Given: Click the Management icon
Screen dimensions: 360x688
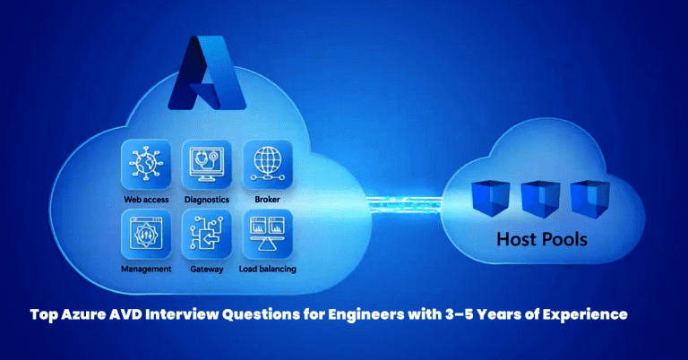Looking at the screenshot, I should tap(145, 235).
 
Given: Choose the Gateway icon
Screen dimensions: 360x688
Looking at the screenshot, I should tap(206, 235).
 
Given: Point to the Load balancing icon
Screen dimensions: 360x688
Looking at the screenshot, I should tap(267, 235).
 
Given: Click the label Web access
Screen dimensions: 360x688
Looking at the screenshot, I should tap(145, 199).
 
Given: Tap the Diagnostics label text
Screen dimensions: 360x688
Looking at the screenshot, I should tap(206, 199).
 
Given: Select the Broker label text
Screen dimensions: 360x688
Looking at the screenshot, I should tap(267, 199).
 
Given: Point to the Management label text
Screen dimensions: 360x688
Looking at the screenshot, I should tap(145, 268).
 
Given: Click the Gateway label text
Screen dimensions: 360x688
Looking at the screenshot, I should tap(206, 268).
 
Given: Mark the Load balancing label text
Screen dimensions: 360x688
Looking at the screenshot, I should tap(267, 268).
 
